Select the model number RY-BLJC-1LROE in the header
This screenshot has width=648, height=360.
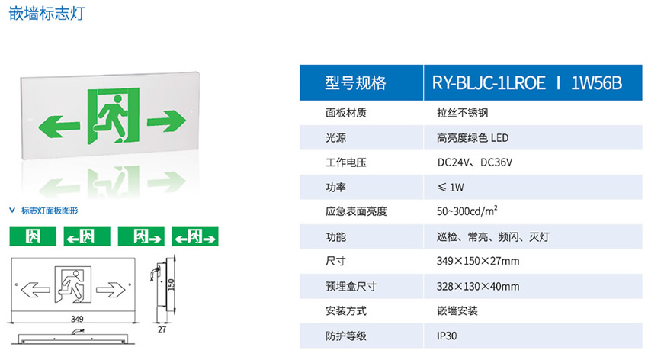(489, 83)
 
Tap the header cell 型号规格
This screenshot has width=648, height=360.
(356, 83)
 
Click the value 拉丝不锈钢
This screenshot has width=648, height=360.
(457, 113)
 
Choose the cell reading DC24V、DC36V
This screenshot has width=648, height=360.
(474, 162)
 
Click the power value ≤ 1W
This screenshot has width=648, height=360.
(451, 186)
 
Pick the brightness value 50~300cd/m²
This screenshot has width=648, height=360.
(468, 211)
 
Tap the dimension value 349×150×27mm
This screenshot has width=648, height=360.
(478, 262)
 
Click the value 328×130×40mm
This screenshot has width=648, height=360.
(478, 286)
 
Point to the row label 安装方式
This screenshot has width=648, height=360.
(346, 310)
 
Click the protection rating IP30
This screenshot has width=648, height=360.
(448, 335)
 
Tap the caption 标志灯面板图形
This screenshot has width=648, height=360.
(49, 210)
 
